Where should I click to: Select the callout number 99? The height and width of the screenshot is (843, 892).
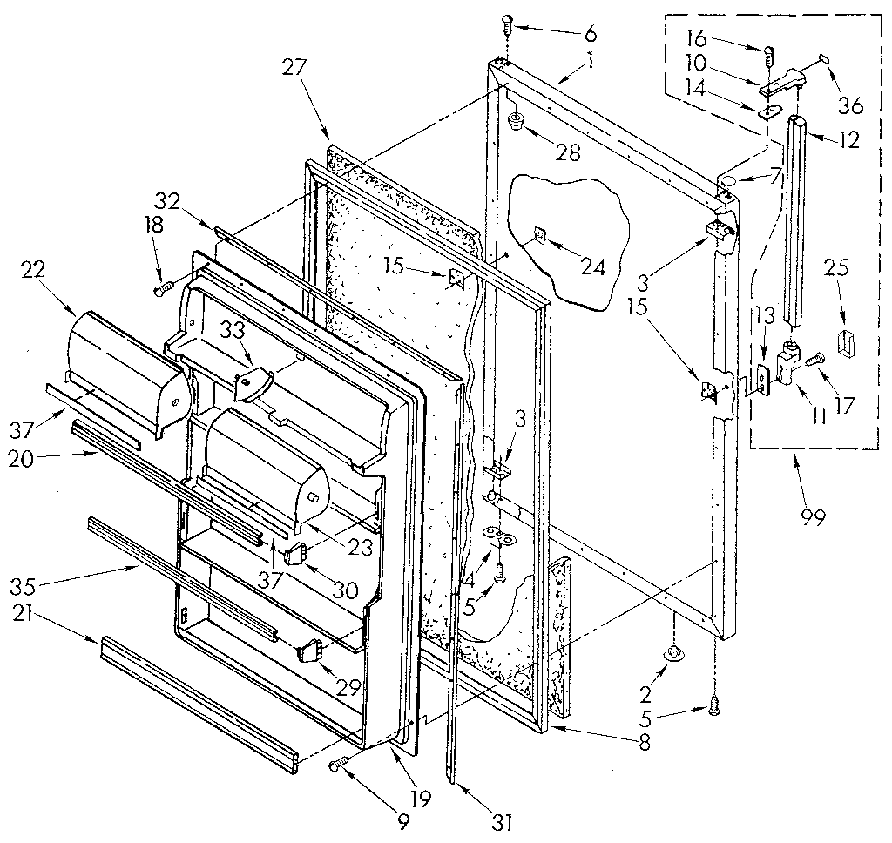point(813,516)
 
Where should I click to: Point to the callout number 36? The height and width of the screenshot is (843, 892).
point(850,105)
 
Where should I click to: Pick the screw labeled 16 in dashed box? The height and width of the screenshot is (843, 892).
point(769,54)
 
